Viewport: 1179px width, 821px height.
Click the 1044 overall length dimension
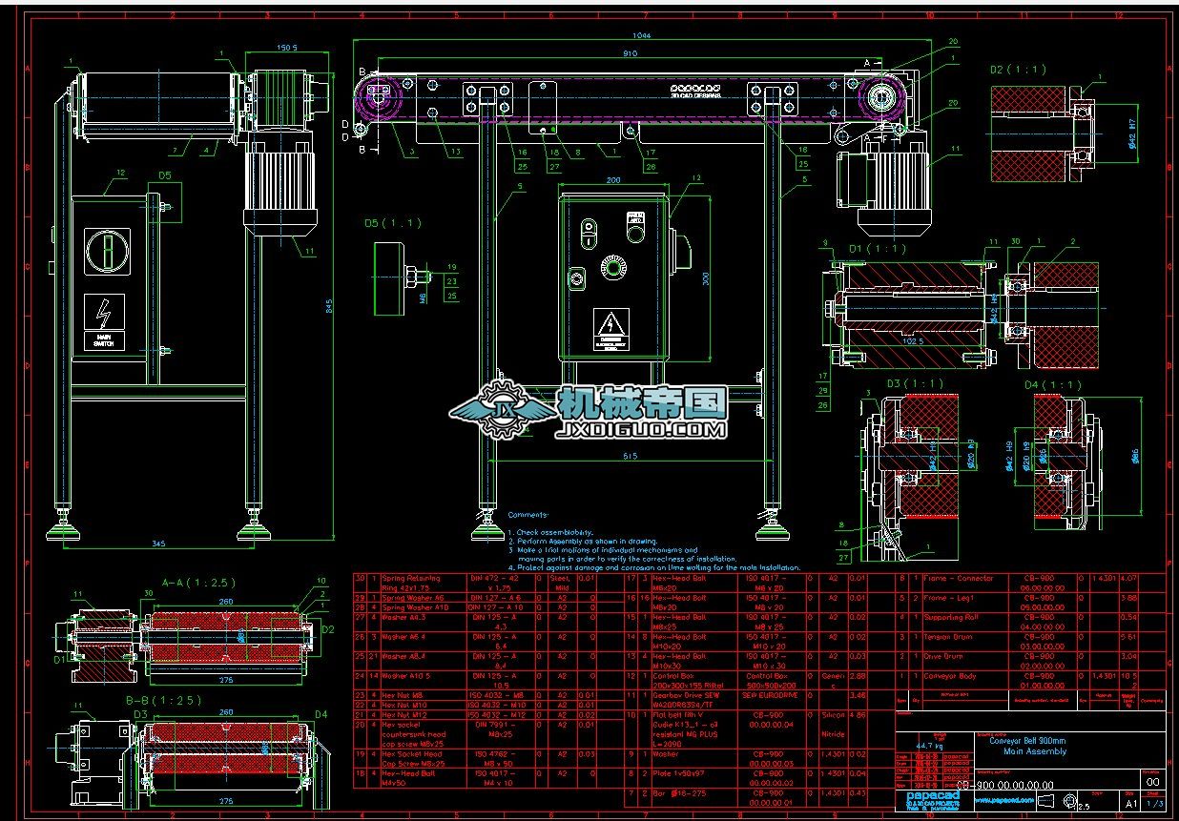point(641,35)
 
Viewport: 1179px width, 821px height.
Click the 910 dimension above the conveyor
point(630,54)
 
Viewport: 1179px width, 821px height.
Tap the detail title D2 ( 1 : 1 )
point(1018,70)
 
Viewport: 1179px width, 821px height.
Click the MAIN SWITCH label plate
point(103,340)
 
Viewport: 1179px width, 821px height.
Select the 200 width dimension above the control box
point(613,180)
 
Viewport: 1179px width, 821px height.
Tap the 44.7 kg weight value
point(918,745)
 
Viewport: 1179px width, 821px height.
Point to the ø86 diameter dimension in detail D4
point(1135,457)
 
